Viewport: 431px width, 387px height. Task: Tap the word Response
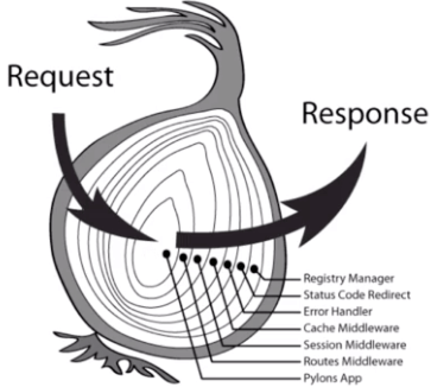pyautogui.click(x=364, y=113)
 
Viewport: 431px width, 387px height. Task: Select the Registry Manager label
pyautogui.click(x=348, y=278)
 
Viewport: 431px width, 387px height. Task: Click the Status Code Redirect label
pyautogui.click(x=356, y=294)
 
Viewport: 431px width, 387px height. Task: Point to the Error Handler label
pyautogui.click(x=338, y=311)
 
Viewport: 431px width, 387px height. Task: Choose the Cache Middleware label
pyautogui.click(x=350, y=328)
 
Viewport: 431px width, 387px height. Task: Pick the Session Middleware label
pyautogui.click(x=354, y=344)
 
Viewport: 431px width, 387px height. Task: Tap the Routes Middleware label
pyautogui.click(x=353, y=361)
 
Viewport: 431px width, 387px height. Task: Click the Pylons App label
pyautogui.click(x=332, y=378)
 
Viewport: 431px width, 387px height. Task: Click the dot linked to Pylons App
pyautogui.click(x=167, y=253)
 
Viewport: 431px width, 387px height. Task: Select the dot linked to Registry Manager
pyautogui.click(x=255, y=269)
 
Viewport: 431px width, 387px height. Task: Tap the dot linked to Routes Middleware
pyautogui.click(x=183, y=258)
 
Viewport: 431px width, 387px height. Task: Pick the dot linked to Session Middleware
pyautogui.click(x=198, y=259)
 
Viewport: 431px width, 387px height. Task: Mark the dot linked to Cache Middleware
pyautogui.click(x=213, y=261)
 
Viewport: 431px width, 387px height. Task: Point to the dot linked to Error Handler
pyautogui.click(x=227, y=264)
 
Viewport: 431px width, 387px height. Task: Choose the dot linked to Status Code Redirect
pyautogui.click(x=241, y=267)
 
